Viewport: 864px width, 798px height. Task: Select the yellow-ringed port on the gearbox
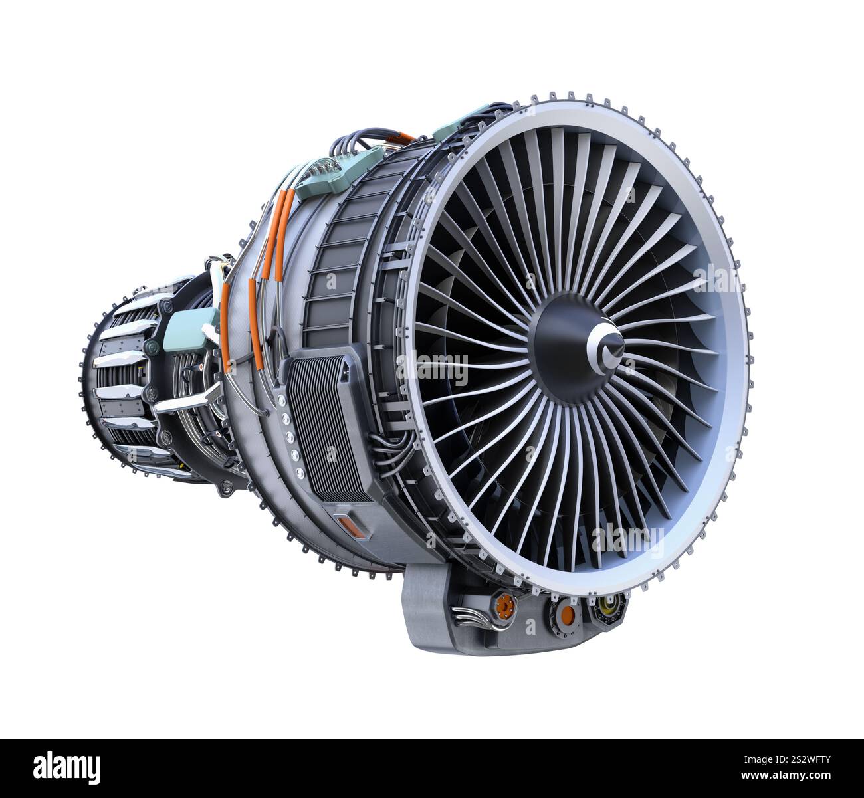pyautogui.click(x=607, y=604)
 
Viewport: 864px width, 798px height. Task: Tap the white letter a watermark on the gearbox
pyautogui.click(x=530, y=626)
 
